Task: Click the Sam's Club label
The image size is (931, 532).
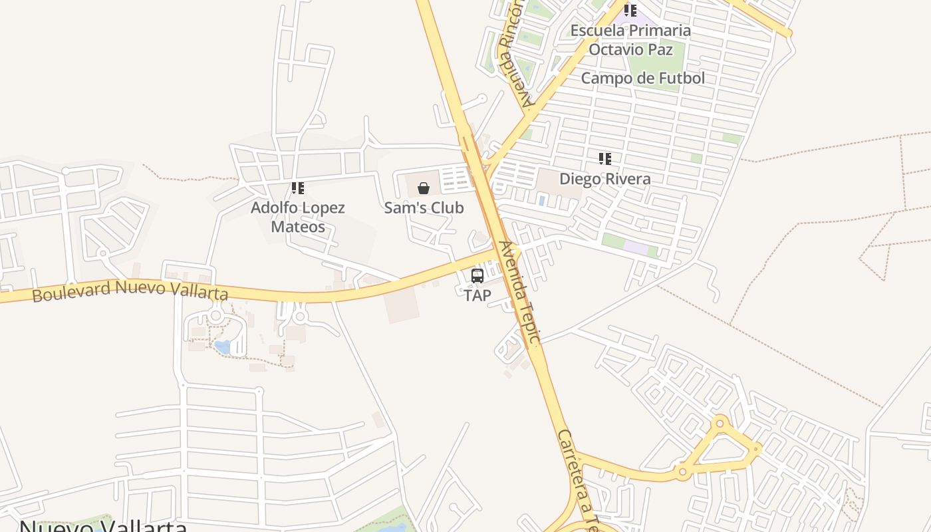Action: click(424, 207)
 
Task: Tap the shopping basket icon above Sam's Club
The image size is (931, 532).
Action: click(424, 188)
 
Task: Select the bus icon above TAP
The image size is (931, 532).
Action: click(477, 275)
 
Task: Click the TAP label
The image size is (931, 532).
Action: click(477, 295)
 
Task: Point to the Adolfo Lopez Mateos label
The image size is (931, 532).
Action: click(297, 217)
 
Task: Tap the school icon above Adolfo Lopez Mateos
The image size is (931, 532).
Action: click(297, 188)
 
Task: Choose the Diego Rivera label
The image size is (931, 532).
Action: click(604, 178)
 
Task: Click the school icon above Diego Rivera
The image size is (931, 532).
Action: click(604, 158)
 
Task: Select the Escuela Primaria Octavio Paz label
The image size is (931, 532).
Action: click(630, 40)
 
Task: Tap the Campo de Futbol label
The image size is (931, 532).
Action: click(642, 78)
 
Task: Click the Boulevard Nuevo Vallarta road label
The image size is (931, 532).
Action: click(130, 291)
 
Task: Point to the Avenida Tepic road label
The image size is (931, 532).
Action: click(520, 293)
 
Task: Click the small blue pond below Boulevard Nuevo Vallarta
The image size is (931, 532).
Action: click(223, 346)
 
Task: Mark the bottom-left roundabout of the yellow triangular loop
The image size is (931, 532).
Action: click(682, 472)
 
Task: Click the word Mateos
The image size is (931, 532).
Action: click(297, 227)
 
